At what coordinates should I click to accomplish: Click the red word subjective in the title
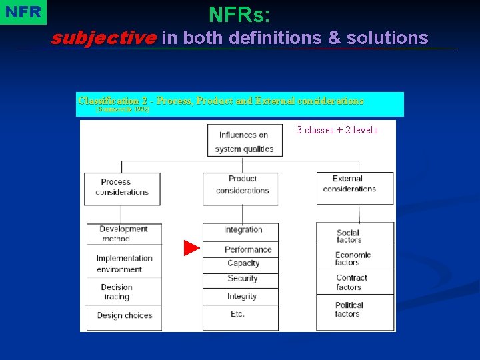pyautogui.click(x=103, y=38)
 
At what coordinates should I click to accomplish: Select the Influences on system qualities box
pyautogui.click(x=245, y=141)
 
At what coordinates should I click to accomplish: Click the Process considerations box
pyautogui.click(x=122, y=187)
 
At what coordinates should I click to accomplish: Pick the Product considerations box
pyautogui.click(x=241, y=185)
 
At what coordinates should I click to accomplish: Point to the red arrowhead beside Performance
pyautogui.click(x=192, y=249)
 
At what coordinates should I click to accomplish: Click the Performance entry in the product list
pyautogui.click(x=248, y=249)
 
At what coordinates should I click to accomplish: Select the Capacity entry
pyautogui.click(x=243, y=263)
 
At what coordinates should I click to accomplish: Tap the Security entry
pyautogui.click(x=242, y=279)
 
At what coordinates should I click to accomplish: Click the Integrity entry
pyautogui.click(x=242, y=296)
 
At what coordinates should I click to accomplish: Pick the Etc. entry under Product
pyautogui.click(x=238, y=314)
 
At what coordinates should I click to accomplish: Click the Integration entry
pyautogui.click(x=243, y=230)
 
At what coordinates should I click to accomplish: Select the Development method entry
pyautogui.click(x=123, y=233)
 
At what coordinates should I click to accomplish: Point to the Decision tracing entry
pyautogui.click(x=117, y=292)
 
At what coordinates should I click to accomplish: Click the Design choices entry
pyautogui.click(x=125, y=315)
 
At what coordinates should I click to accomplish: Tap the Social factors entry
pyautogui.click(x=349, y=237)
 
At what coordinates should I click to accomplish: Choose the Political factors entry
pyautogui.click(x=349, y=309)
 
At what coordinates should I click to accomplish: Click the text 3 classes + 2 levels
pyautogui.click(x=337, y=130)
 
